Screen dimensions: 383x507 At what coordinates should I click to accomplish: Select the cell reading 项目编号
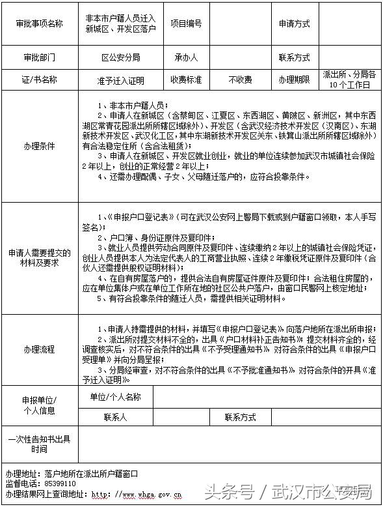pyautogui.click(x=186, y=23)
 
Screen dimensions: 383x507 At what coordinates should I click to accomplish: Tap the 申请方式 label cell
pyautogui.click(x=294, y=23)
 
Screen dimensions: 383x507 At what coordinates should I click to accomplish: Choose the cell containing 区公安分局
pyautogui.click(x=120, y=57)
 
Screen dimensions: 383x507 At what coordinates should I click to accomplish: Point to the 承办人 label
pyautogui.click(x=186, y=57)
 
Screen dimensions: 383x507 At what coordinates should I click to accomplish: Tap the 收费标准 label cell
pyautogui.click(x=186, y=80)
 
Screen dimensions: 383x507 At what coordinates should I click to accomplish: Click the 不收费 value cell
pyautogui.click(x=240, y=80)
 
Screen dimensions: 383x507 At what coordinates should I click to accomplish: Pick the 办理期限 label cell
pyautogui.click(x=294, y=80)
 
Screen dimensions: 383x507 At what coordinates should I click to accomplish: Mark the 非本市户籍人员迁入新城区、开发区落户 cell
pyautogui.click(x=120, y=23)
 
